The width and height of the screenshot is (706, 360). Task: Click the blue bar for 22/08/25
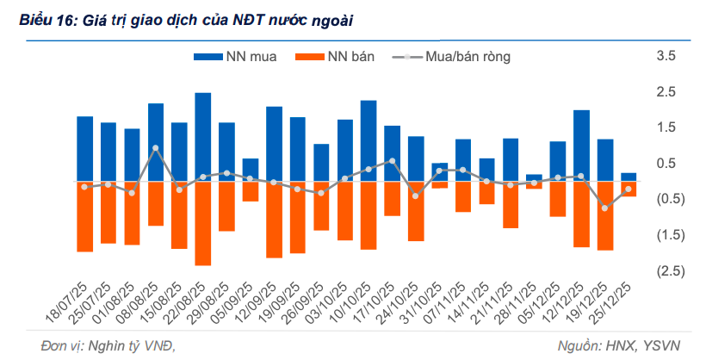[203, 137]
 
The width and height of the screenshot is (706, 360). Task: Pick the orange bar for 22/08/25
[203, 223]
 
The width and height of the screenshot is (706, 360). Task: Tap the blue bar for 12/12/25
[581, 146]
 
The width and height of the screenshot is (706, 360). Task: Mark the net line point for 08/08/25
[156, 148]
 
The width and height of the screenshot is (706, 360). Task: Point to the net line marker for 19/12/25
[604, 208]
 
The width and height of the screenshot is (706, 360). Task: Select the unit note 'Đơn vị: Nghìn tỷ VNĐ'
[113, 345]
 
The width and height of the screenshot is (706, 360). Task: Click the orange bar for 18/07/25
[85, 216]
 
